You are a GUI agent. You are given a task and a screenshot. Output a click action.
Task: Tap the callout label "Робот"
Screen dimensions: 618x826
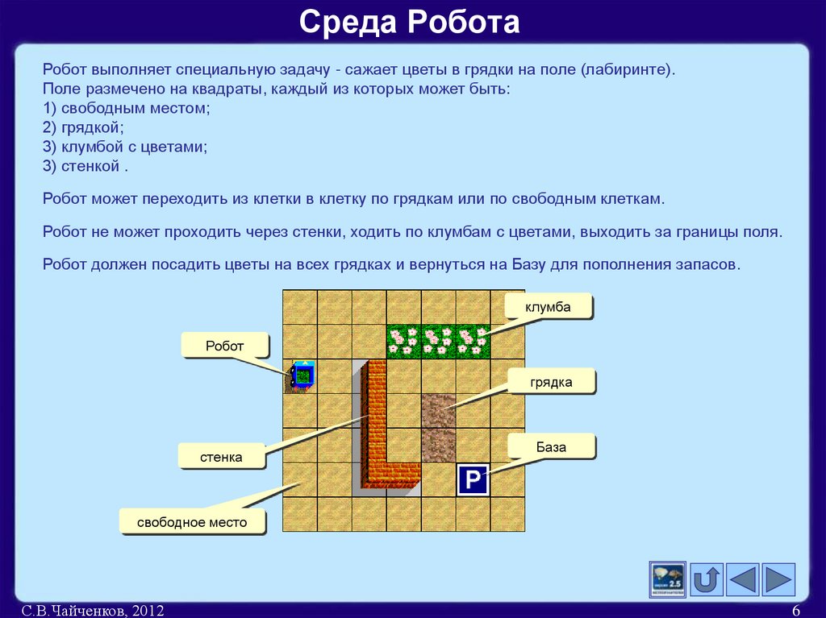[x=224, y=346]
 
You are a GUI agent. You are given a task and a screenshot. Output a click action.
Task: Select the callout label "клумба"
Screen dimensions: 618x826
[x=548, y=307]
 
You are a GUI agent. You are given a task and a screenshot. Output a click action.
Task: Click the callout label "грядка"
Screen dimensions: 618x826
[x=551, y=382]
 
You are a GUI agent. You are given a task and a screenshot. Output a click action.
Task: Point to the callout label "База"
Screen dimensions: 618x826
[x=551, y=446]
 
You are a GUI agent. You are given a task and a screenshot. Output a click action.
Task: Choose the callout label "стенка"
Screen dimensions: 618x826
[x=222, y=458]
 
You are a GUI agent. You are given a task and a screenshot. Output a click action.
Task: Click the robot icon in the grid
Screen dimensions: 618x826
[x=302, y=375]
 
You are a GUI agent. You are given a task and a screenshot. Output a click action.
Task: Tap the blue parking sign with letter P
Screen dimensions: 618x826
[x=473, y=480]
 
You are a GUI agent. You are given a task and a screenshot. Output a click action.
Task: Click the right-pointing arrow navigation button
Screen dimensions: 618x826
[x=778, y=580]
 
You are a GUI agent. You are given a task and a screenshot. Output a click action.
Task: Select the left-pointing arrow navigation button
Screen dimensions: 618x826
[x=743, y=580]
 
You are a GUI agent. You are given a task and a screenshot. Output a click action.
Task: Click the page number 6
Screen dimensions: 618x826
[x=795, y=611]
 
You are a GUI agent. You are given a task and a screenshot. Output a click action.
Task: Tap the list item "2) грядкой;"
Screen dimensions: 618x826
[x=83, y=127]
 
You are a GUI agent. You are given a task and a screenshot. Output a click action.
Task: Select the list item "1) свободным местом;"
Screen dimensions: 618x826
[x=127, y=108]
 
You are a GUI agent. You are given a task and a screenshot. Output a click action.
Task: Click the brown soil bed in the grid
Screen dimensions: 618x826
[x=439, y=427]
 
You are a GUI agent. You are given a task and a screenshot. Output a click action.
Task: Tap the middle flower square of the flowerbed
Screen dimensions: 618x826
[x=439, y=341]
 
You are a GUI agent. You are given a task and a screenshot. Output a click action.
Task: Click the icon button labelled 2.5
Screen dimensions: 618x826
[x=668, y=580]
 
